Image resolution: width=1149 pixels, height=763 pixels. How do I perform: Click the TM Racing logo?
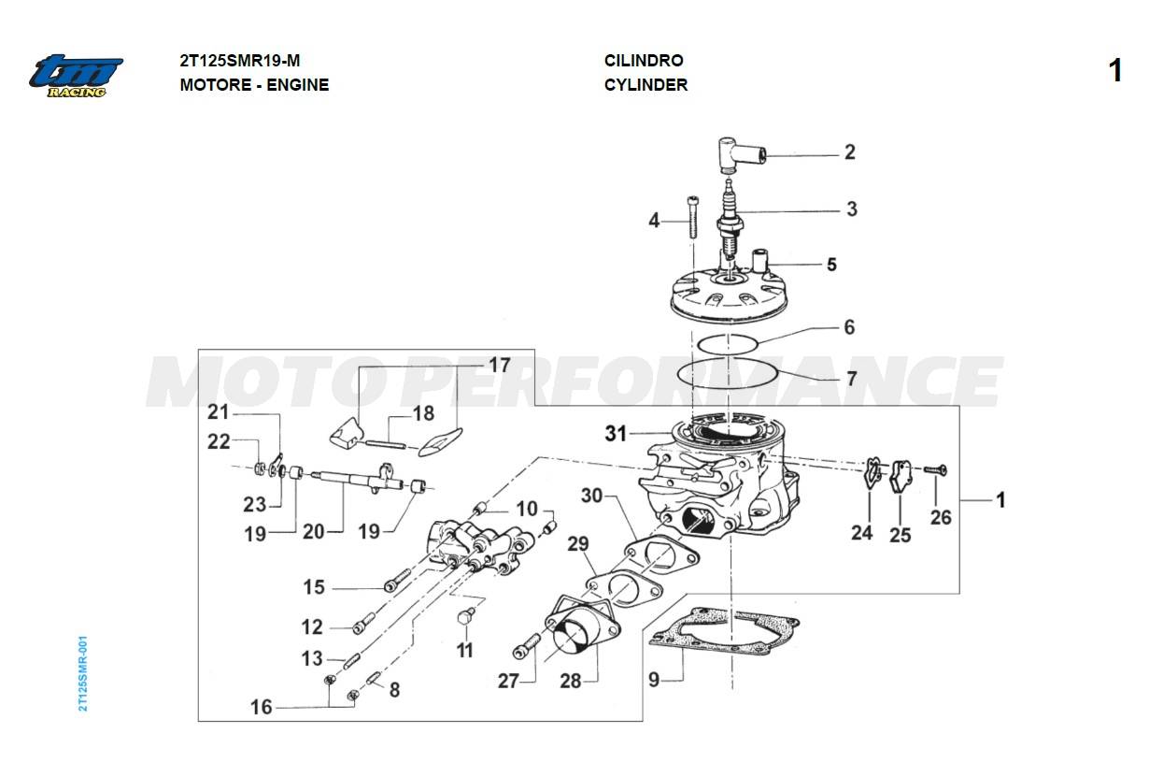75,76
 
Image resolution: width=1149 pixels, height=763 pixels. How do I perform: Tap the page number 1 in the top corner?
1114,71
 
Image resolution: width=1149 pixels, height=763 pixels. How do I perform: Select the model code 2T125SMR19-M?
240,61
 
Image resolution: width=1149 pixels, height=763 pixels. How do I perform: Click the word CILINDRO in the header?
644,61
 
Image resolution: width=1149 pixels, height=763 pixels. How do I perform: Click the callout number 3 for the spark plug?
851,209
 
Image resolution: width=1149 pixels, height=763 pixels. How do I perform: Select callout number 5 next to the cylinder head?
830,265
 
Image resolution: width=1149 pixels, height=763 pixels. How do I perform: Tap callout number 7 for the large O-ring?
851,380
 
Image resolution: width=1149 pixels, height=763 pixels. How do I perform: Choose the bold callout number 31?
616,434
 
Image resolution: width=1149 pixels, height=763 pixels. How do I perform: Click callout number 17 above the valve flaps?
500,365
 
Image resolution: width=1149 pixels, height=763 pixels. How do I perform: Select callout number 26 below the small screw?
941,516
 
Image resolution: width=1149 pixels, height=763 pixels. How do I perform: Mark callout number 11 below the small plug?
464,650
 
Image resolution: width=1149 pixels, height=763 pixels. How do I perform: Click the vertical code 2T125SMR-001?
83,674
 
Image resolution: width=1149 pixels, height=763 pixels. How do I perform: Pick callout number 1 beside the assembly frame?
1000,500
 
